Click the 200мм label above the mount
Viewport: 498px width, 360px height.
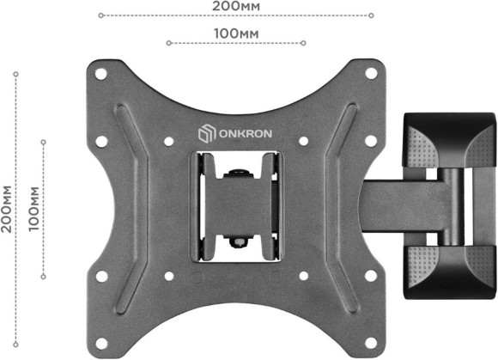[x=236, y=6]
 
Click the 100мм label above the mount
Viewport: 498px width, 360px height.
[x=236, y=33]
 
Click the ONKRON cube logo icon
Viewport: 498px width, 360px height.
[x=203, y=135]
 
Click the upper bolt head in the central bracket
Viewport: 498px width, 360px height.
[x=236, y=173]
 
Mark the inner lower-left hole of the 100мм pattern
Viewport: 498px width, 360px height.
[x=168, y=276]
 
